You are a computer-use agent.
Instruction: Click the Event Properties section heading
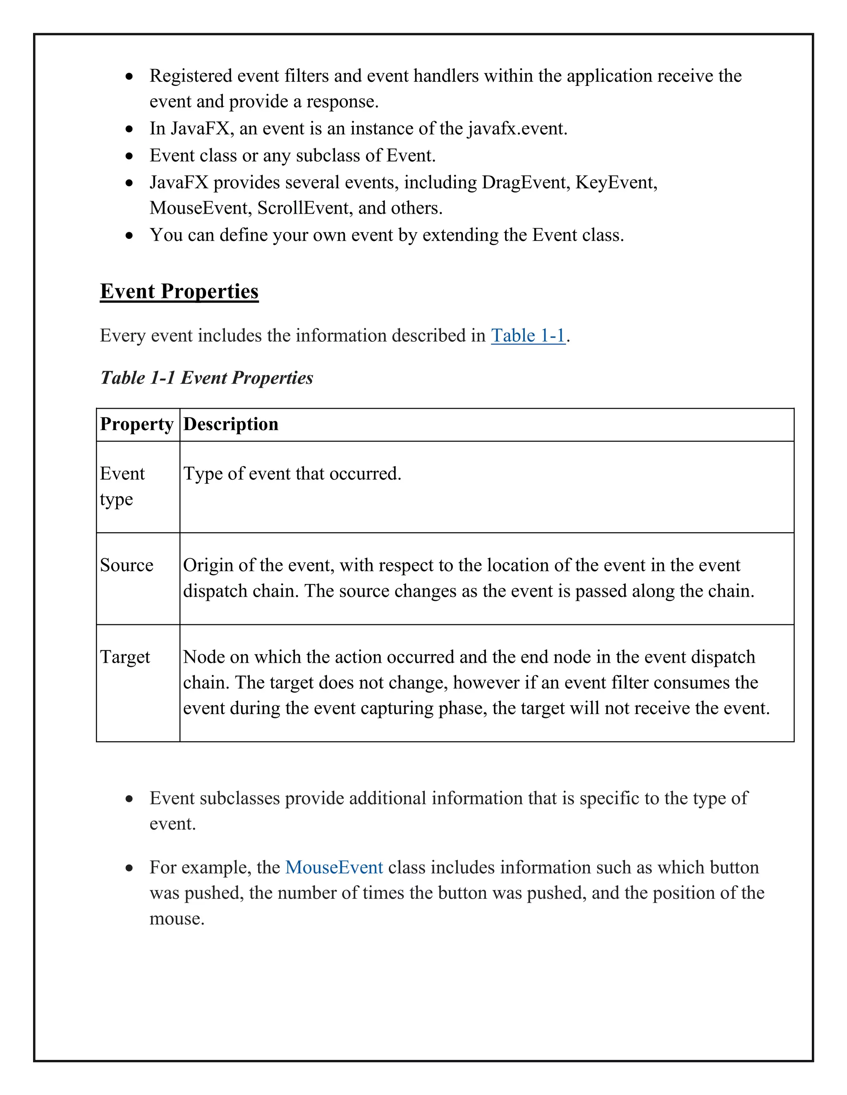coord(179,291)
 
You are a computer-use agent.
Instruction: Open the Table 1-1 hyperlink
coord(528,336)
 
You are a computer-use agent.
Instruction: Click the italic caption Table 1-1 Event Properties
coord(206,378)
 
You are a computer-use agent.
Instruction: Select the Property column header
coord(136,424)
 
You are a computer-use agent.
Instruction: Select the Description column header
coord(230,424)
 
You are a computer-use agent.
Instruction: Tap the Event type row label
coord(122,486)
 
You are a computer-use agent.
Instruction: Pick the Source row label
coord(127,565)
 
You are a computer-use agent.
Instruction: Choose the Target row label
coord(125,657)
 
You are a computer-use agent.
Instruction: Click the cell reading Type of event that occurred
coord(292,473)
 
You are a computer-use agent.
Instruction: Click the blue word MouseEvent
coord(334,867)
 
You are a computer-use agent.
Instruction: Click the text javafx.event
coord(517,129)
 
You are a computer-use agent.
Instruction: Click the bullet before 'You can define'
coord(129,235)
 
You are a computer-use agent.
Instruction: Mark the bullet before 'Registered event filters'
coord(129,76)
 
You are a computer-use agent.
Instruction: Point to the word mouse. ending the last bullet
coord(177,919)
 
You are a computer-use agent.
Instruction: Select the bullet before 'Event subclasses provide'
coord(129,799)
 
